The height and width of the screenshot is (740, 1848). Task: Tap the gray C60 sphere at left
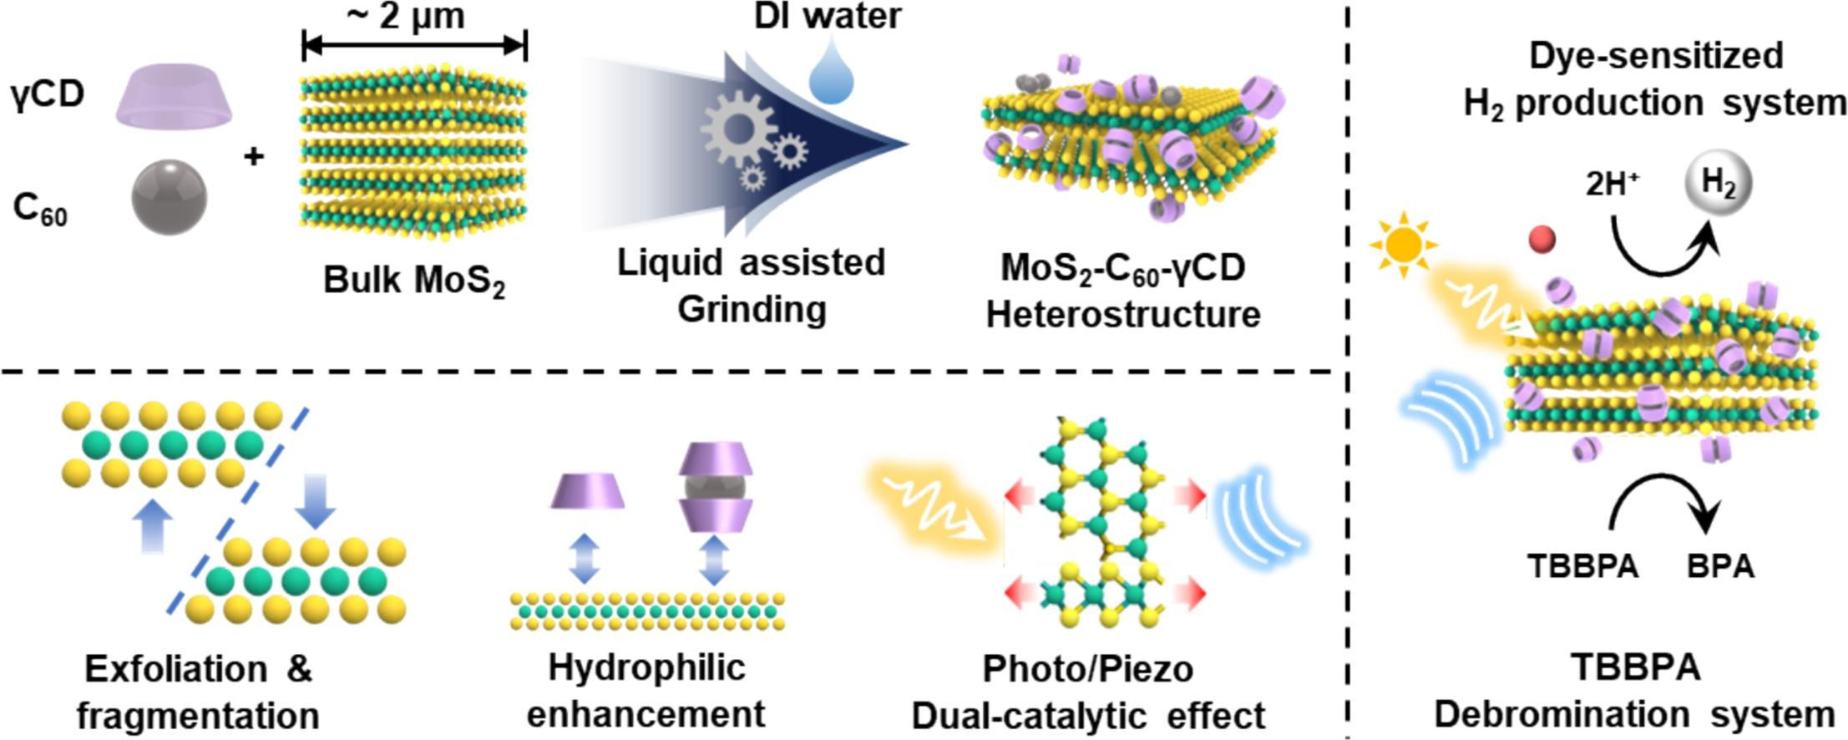pos(170,199)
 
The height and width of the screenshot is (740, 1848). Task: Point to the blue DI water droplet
pos(832,74)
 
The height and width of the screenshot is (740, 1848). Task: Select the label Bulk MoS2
pos(414,281)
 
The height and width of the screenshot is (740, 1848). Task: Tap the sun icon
pos(1404,245)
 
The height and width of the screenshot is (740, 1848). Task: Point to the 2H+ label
pos(1613,184)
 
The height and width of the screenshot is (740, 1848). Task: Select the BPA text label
pos(1720,566)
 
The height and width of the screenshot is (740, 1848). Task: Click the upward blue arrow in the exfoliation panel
pos(154,526)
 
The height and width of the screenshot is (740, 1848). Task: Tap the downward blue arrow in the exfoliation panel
pos(315,502)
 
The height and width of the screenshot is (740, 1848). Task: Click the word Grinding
pos(752,309)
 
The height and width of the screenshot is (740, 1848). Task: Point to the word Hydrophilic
pos(646,668)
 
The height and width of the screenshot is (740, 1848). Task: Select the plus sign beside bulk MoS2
pos(254,155)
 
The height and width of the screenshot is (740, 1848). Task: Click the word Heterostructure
pos(1123,315)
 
